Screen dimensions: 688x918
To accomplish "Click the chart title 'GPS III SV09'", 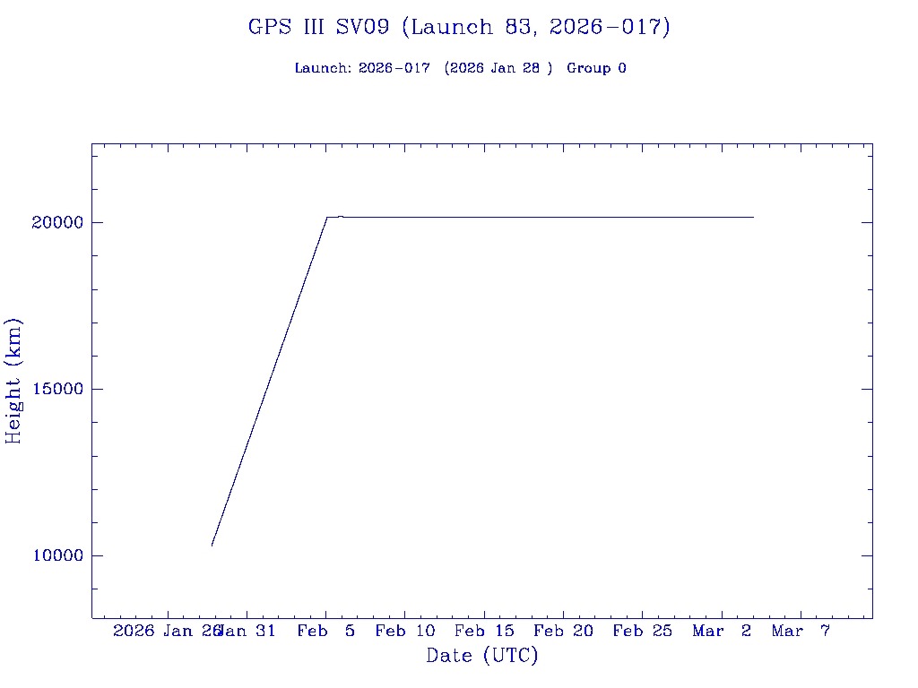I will tap(319, 27).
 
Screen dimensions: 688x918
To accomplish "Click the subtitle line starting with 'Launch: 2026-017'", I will tap(460, 68).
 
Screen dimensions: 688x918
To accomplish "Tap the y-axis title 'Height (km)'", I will tap(13, 381).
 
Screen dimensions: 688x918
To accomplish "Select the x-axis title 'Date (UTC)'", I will tap(482, 656).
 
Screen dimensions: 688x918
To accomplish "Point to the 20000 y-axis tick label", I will tap(57, 223).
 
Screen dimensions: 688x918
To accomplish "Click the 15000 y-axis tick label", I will tap(57, 390).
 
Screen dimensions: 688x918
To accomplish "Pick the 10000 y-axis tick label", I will tap(57, 556).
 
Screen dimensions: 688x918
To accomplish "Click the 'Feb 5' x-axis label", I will tap(326, 632).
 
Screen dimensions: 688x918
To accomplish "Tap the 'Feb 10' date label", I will tap(405, 632).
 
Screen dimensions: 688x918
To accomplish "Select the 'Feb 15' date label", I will tap(484, 632).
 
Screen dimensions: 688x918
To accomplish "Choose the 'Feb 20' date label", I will tap(563, 632).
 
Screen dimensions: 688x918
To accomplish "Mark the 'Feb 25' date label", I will tap(642, 632).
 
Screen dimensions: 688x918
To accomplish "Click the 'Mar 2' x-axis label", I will tap(722, 632).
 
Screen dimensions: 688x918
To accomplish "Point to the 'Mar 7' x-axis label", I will tap(801, 632).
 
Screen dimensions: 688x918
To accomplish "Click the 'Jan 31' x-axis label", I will tap(248, 632).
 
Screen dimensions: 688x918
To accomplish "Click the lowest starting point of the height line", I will tap(212, 545).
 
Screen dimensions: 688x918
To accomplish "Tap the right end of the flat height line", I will tap(753, 217).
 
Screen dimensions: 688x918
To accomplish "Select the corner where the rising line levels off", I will tap(326, 217).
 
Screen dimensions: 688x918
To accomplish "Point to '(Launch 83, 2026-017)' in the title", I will tap(536, 27).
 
